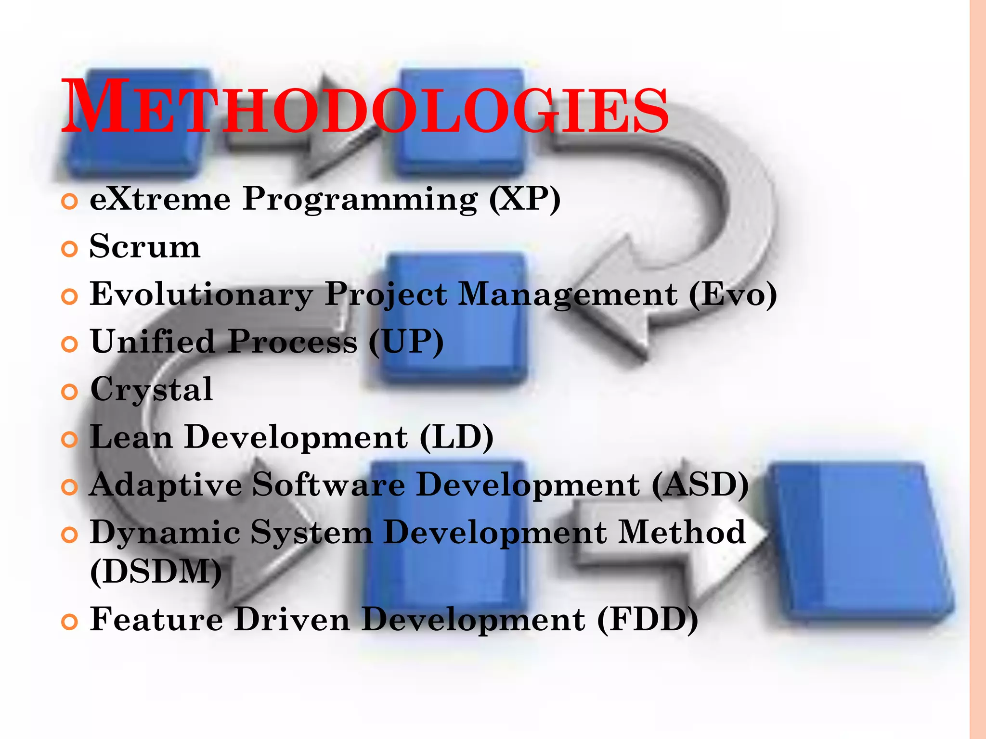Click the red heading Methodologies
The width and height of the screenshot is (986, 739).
pos(364,107)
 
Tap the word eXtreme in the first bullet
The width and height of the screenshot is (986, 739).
pos(160,199)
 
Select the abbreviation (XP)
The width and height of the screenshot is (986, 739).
pos(525,199)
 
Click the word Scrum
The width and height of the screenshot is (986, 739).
pos(145,246)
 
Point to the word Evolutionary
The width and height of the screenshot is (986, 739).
pos(202,294)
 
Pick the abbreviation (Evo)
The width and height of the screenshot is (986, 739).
pos(733,294)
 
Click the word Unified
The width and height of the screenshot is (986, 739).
pos(152,342)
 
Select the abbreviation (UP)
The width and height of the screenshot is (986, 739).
pos(406,342)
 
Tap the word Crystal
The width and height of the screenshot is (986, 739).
pos(152,390)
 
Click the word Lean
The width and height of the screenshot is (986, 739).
pos(131,437)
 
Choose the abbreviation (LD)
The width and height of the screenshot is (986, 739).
pos(456,437)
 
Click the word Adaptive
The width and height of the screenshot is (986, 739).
pos(166,484)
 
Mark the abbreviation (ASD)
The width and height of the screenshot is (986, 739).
pos(701,484)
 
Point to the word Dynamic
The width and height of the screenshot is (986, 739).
pos(165,533)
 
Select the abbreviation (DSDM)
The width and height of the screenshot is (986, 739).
pos(156,572)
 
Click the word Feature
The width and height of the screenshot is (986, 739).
pos(156,619)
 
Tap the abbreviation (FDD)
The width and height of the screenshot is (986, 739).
pos(648,619)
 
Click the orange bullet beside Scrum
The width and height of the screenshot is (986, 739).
pos(70,249)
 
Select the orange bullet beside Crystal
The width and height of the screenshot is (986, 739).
pos(70,392)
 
